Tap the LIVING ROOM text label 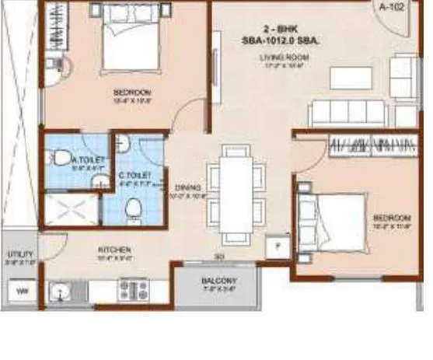click(286, 58)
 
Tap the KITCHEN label click(113, 250)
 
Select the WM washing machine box click(22, 292)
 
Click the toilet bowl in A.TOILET click(62, 159)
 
